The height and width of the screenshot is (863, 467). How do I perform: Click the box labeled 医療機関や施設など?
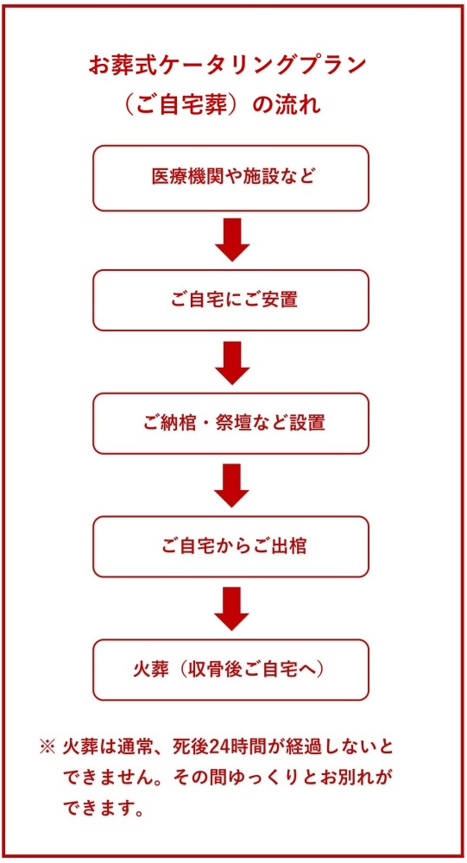(x=230, y=179)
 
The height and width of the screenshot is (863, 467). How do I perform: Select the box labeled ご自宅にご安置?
(x=230, y=300)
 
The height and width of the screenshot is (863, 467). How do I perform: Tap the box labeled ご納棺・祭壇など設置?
(x=230, y=423)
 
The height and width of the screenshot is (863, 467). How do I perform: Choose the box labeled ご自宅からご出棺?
(x=230, y=546)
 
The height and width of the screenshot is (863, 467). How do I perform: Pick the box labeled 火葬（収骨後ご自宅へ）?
(x=230, y=670)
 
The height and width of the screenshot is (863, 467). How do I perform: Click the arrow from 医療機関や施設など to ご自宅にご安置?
(x=232, y=240)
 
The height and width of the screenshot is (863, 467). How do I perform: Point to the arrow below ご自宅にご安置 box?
(x=232, y=362)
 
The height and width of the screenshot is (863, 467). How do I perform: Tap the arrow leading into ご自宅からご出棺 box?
(x=232, y=485)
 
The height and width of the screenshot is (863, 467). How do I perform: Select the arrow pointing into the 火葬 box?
(x=232, y=608)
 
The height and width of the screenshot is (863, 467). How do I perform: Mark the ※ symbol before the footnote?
(x=48, y=746)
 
